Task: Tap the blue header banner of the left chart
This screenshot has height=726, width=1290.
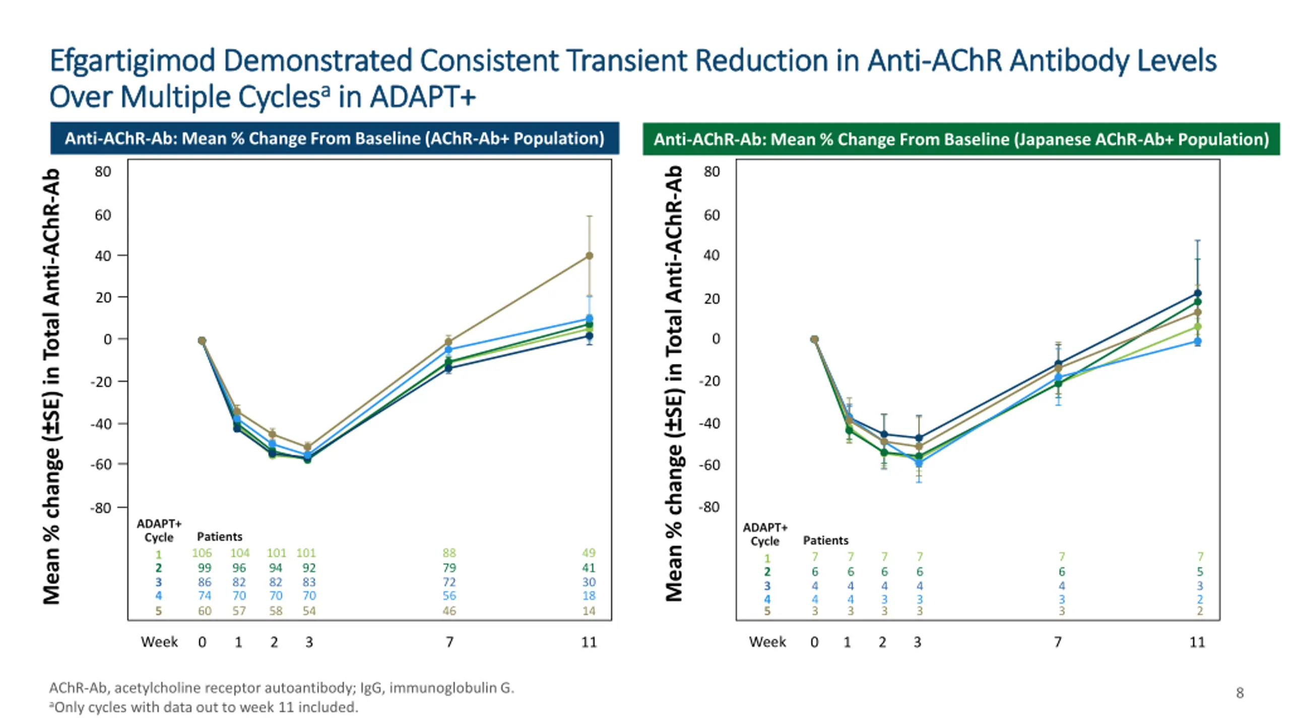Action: pyautogui.click(x=335, y=138)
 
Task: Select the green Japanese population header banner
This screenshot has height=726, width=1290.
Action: pyautogui.click(x=960, y=139)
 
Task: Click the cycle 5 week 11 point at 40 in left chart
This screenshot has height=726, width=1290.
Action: pyautogui.click(x=589, y=256)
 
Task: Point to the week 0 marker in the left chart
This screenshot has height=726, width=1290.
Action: pyautogui.click(x=202, y=341)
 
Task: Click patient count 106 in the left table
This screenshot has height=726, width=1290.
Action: pyautogui.click(x=202, y=553)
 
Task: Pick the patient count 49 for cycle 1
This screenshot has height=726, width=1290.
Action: pyautogui.click(x=589, y=553)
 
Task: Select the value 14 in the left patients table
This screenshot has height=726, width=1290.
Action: pyautogui.click(x=589, y=611)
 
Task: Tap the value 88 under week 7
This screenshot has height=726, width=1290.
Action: pyautogui.click(x=449, y=553)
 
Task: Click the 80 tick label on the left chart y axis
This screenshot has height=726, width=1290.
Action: pyautogui.click(x=103, y=172)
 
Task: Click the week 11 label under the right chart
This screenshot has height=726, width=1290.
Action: pyautogui.click(x=1197, y=642)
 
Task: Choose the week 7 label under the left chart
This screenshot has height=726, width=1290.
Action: pyautogui.click(x=449, y=642)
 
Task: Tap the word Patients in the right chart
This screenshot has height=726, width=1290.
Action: pyautogui.click(x=825, y=540)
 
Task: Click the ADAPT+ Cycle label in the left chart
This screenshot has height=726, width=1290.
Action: pyautogui.click(x=159, y=530)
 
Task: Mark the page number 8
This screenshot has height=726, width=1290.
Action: pyautogui.click(x=1240, y=693)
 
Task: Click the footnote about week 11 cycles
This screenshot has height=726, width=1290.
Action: pyautogui.click(x=204, y=707)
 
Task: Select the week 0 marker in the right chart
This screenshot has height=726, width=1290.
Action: pyautogui.click(x=814, y=339)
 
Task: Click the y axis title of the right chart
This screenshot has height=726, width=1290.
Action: pyautogui.click(x=674, y=383)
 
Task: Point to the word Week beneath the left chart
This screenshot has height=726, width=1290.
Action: pyautogui.click(x=159, y=642)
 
